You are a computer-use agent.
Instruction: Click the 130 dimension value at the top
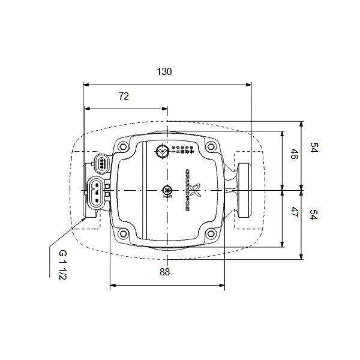tap(164, 72)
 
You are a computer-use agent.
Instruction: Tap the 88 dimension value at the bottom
tap(165, 272)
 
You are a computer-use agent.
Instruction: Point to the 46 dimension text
tap(293, 155)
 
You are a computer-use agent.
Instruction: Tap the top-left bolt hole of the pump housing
tap(122, 146)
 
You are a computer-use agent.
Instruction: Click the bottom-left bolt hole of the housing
tap(122, 234)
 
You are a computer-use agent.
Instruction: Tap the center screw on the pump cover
tap(167, 191)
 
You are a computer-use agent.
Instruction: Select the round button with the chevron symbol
tap(161, 152)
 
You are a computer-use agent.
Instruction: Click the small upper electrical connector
tap(102, 163)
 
